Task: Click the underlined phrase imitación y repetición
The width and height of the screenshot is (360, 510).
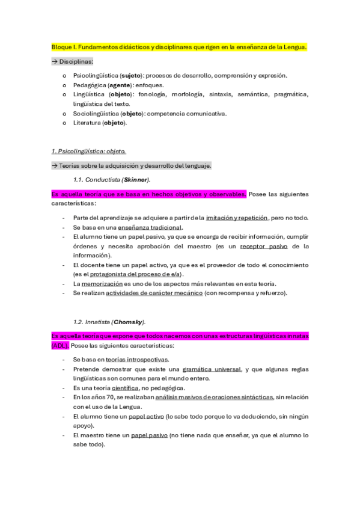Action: coord(233,218)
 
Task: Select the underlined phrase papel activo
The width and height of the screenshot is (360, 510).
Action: coord(146,416)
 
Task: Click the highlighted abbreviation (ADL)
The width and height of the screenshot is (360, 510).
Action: coord(60,346)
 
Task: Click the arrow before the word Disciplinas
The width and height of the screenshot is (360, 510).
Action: coord(54,62)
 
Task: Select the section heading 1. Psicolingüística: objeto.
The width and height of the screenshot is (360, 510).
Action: coord(88,151)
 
